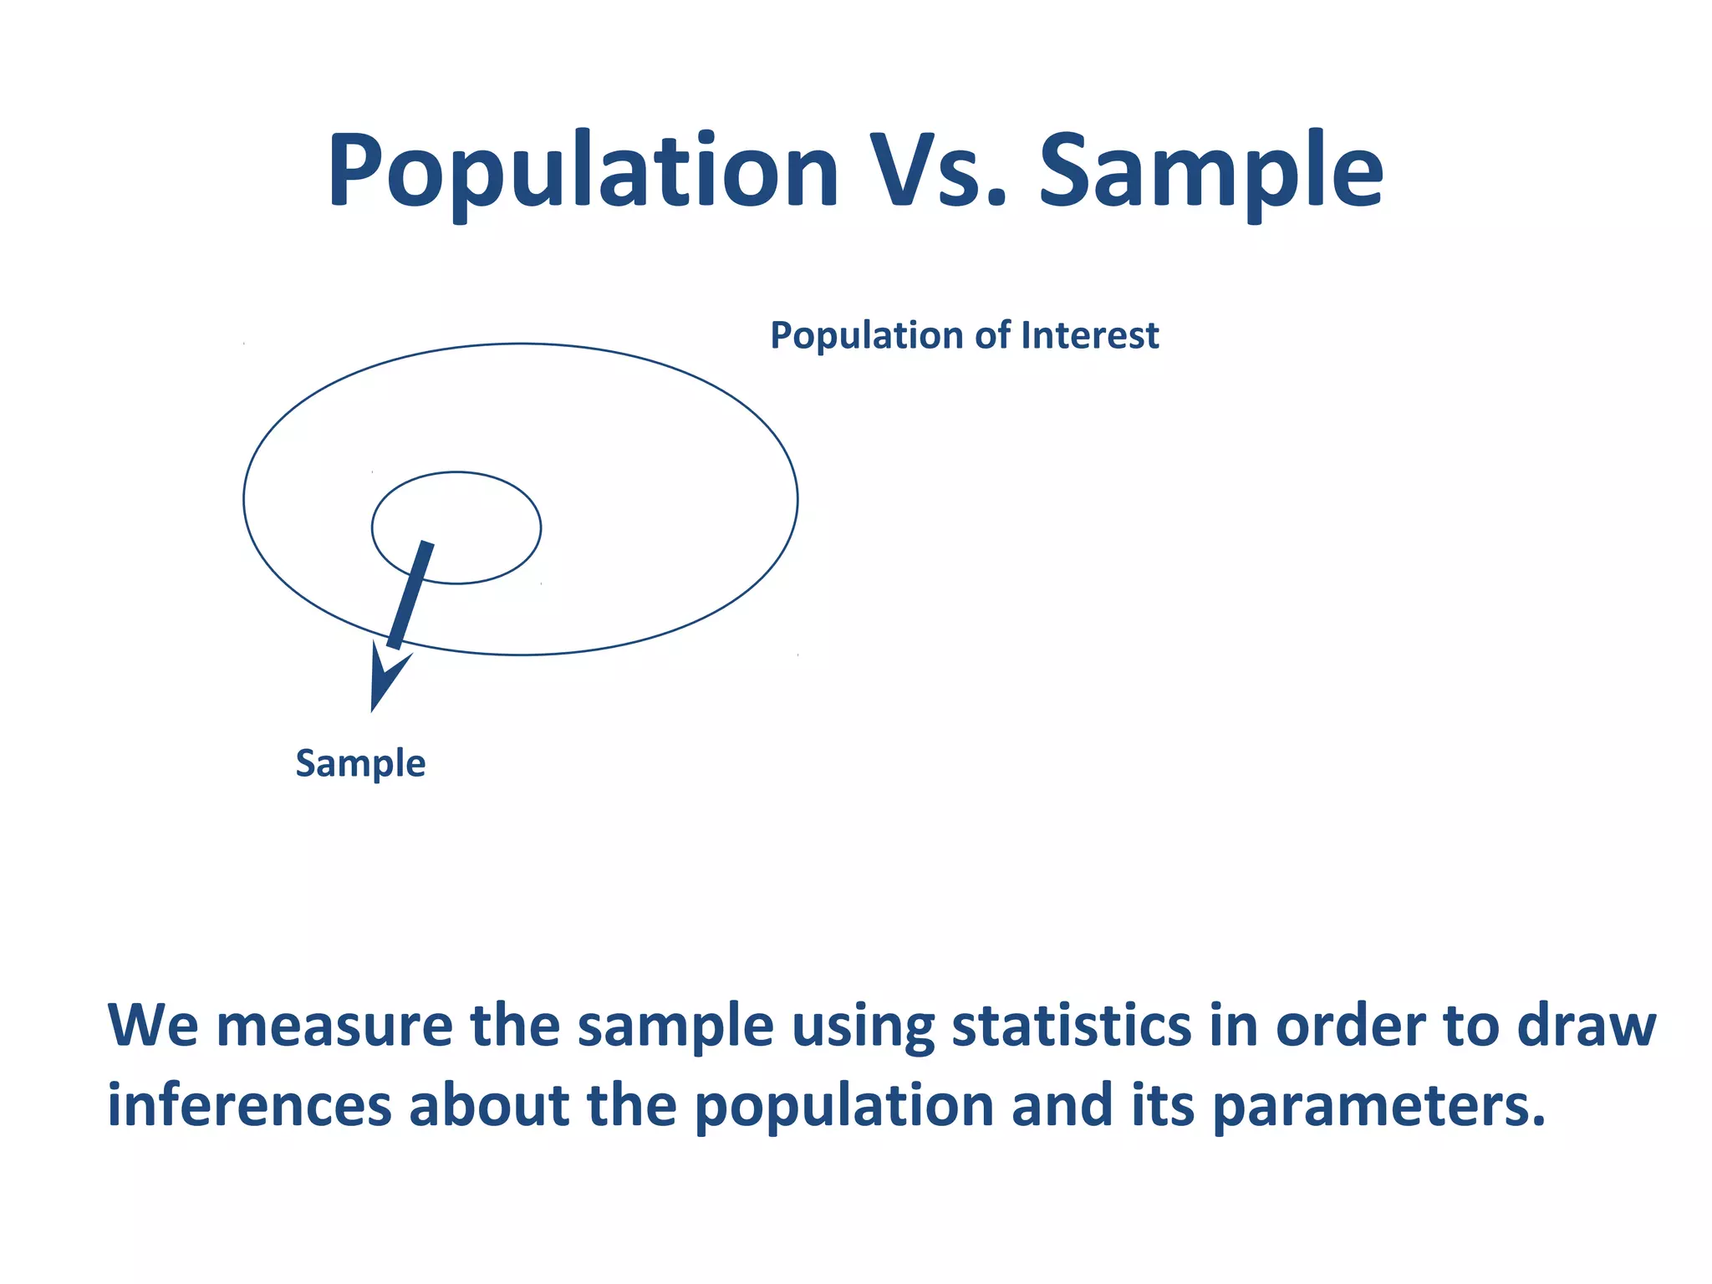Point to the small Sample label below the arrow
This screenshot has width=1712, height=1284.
(360, 764)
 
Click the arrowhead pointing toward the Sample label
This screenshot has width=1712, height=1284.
(383, 681)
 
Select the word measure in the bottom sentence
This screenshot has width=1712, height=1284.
(334, 1027)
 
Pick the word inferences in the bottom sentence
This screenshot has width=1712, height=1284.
(249, 1105)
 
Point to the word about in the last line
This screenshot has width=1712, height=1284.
(489, 1105)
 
